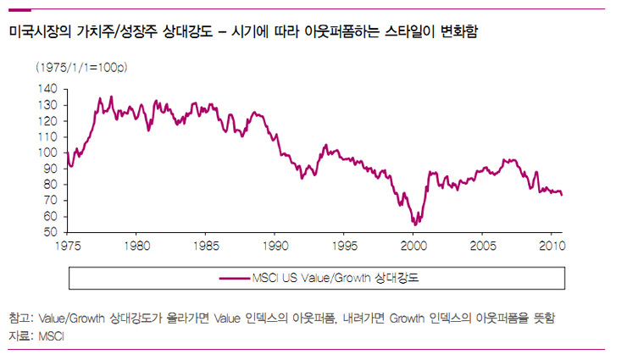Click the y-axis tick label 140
(47, 89)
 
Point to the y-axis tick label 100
(47, 152)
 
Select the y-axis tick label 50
(50, 232)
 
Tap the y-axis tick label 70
(50, 200)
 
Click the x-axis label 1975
(66, 246)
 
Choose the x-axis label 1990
(274, 246)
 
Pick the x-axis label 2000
(413, 246)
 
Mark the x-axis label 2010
(551, 246)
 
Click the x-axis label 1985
(205, 246)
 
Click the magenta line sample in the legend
(233, 277)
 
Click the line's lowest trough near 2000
(415, 224)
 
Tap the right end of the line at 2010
(562, 195)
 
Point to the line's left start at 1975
(65, 152)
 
